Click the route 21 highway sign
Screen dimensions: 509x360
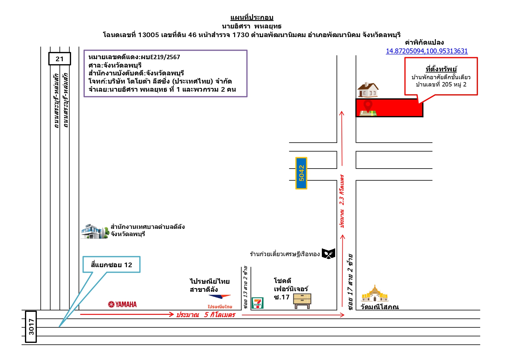(59, 59)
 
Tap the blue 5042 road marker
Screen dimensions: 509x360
(301, 173)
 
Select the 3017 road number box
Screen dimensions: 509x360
(31, 327)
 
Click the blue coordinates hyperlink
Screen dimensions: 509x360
(427, 51)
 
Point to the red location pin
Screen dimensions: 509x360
(368, 106)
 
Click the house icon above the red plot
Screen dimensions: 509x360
(368, 90)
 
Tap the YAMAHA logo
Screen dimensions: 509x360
(122, 304)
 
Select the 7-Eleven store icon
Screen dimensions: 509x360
(257, 303)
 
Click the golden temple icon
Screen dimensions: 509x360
(375, 294)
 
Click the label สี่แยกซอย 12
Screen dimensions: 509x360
(111, 265)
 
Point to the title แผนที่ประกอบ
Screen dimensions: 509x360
(252, 17)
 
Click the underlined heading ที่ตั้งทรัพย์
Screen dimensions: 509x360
(441, 69)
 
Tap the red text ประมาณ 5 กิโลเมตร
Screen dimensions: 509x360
(205, 315)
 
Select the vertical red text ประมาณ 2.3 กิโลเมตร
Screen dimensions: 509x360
(342, 201)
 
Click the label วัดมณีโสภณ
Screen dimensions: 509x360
(380, 307)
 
